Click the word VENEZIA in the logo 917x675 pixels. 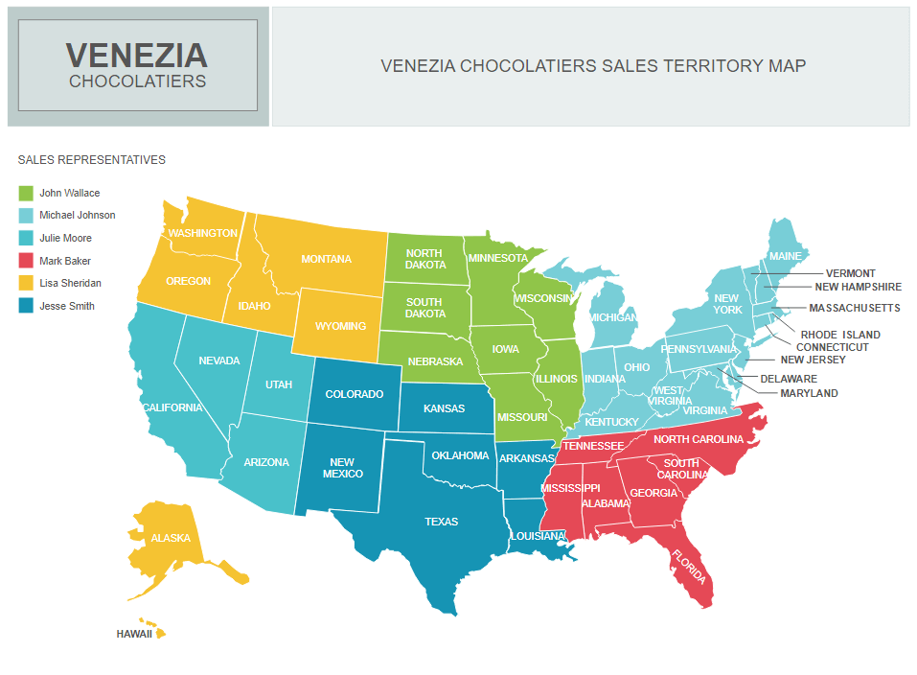click(x=136, y=54)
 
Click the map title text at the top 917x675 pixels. click(x=593, y=66)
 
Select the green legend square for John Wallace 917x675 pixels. click(x=26, y=194)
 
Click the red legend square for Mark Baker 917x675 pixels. click(x=26, y=261)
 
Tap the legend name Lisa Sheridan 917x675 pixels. click(x=70, y=284)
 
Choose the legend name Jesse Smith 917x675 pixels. click(x=67, y=307)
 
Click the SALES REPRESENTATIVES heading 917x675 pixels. click(x=91, y=160)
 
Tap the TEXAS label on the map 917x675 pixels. click(x=441, y=523)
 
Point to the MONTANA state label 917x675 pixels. click(x=326, y=260)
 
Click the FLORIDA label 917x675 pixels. click(x=689, y=567)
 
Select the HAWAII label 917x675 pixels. click(x=134, y=635)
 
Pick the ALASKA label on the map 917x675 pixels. click(x=171, y=538)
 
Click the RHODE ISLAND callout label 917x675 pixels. click(x=840, y=335)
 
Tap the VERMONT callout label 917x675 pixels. click(x=850, y=274)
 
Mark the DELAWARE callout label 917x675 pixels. click(x=789, y=379)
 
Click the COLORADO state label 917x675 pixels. click(x=354, y=395)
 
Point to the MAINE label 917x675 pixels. click(x=785, y=257)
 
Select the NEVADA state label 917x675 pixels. click(x=219, y=361)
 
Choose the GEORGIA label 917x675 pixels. click(x=653, y=494)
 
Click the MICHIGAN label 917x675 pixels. click(x=613, y=317)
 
